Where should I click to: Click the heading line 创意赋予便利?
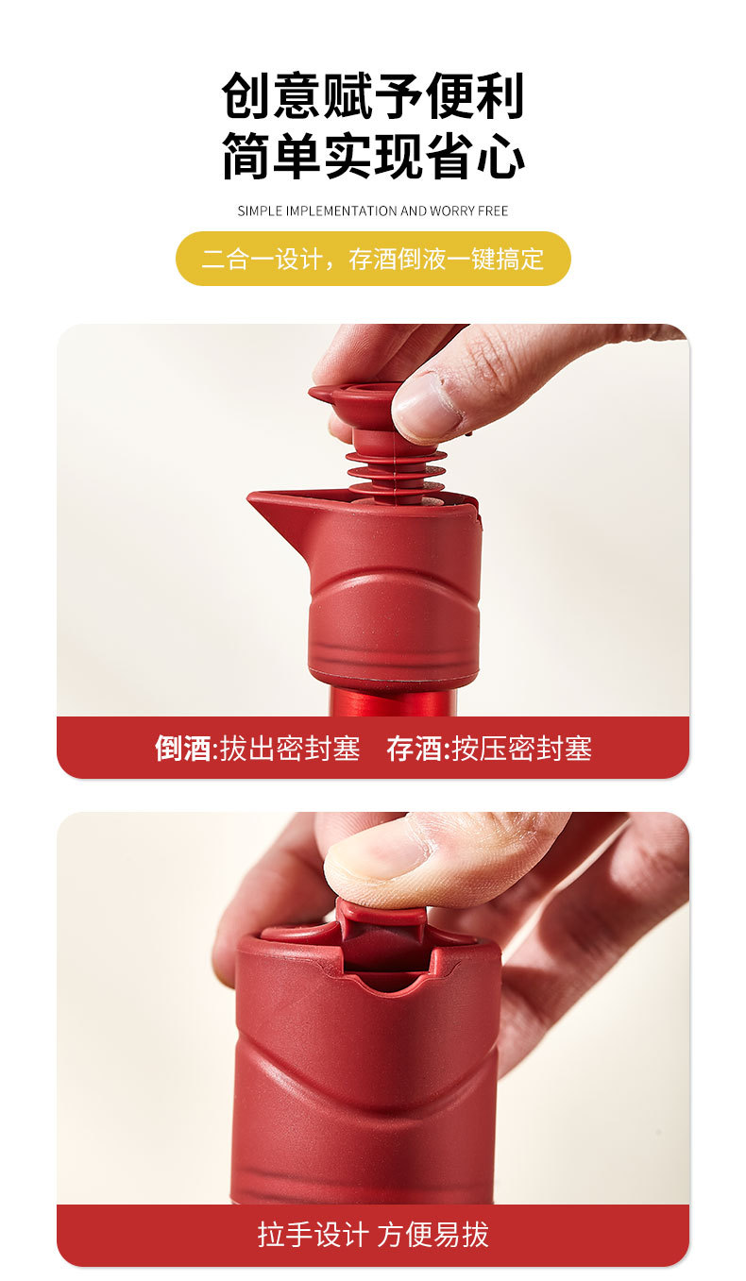pyautogui.click(x=373, y=95)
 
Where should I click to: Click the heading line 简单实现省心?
pyautogui.click(x=373, y=156)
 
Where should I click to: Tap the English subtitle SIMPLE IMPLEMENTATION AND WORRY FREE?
pyautogui.click(x=373, y=211)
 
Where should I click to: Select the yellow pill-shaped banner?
pyautogui.click(x=373, y=259)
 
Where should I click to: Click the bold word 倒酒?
pyautogui.click(x=183, y=750)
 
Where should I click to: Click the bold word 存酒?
pyautogui.click(x=415, y=750)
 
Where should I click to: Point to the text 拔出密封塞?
pyautogui.click(x=290, y=750)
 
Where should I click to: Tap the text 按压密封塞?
pyautogui.click(x=522, y=750)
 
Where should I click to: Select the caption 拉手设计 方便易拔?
pyautogui.click(x=373, y=1235)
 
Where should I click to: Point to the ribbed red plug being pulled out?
pyautogui.click(x=395, y=468)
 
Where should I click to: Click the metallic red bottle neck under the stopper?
pyautogui.click(x=392, y=701)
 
